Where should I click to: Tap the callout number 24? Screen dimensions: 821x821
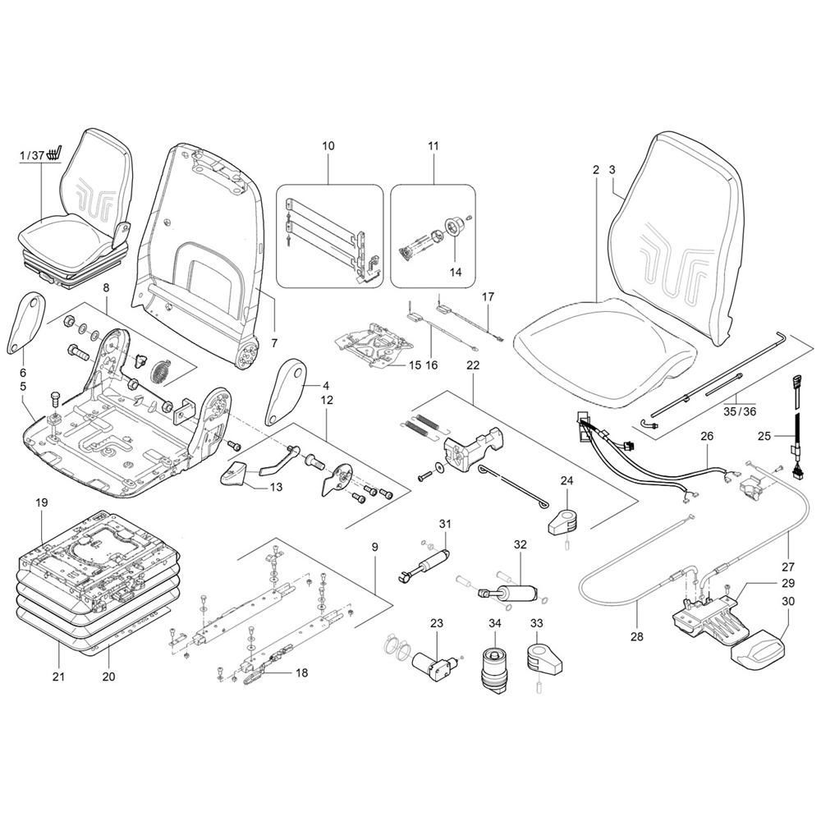pyautogui.click(x=566, y=481)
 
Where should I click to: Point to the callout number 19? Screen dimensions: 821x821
pyautogui.click(x=41, y=502)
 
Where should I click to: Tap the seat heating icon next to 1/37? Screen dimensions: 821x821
pyautogui.click(x=54, y=154)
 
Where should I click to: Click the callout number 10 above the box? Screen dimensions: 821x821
pyautogui.click(x=328, y=146)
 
